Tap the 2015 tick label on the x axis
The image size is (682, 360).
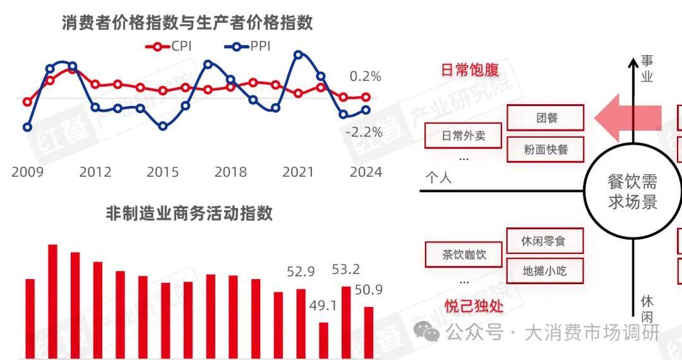click(x=163, y=172)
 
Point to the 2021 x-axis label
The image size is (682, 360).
click(x=299, y=172)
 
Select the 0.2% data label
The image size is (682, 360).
click(x=366, y=76)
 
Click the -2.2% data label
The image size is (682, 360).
click(x=364, y=132)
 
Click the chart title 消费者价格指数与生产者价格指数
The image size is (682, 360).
click(x=188, y=23)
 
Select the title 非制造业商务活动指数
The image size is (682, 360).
click(x=189, y=213)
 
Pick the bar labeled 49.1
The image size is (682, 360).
click(x=324, y=341)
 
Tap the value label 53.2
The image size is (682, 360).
click(x=346, y=270)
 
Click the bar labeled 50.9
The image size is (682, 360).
click(x=369, y=333)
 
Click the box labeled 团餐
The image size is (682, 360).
click(x=546, y=118)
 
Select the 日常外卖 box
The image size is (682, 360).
click(x=464, y=136)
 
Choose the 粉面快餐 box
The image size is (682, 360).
click(x=546, y=150)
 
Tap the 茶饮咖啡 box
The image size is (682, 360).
click(x=464, y=255)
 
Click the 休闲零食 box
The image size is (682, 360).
click(x=544, y=241)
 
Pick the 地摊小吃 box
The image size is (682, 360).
click(x=544, y=271)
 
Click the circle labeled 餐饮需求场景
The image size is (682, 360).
click(x=632, y=192)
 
